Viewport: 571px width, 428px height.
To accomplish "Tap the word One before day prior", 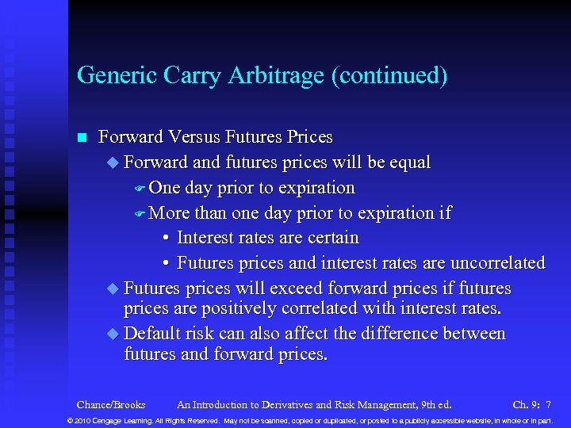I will (164, 188).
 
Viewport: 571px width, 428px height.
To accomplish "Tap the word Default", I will (153, 334).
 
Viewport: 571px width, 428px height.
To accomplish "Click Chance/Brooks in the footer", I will (110, 405).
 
